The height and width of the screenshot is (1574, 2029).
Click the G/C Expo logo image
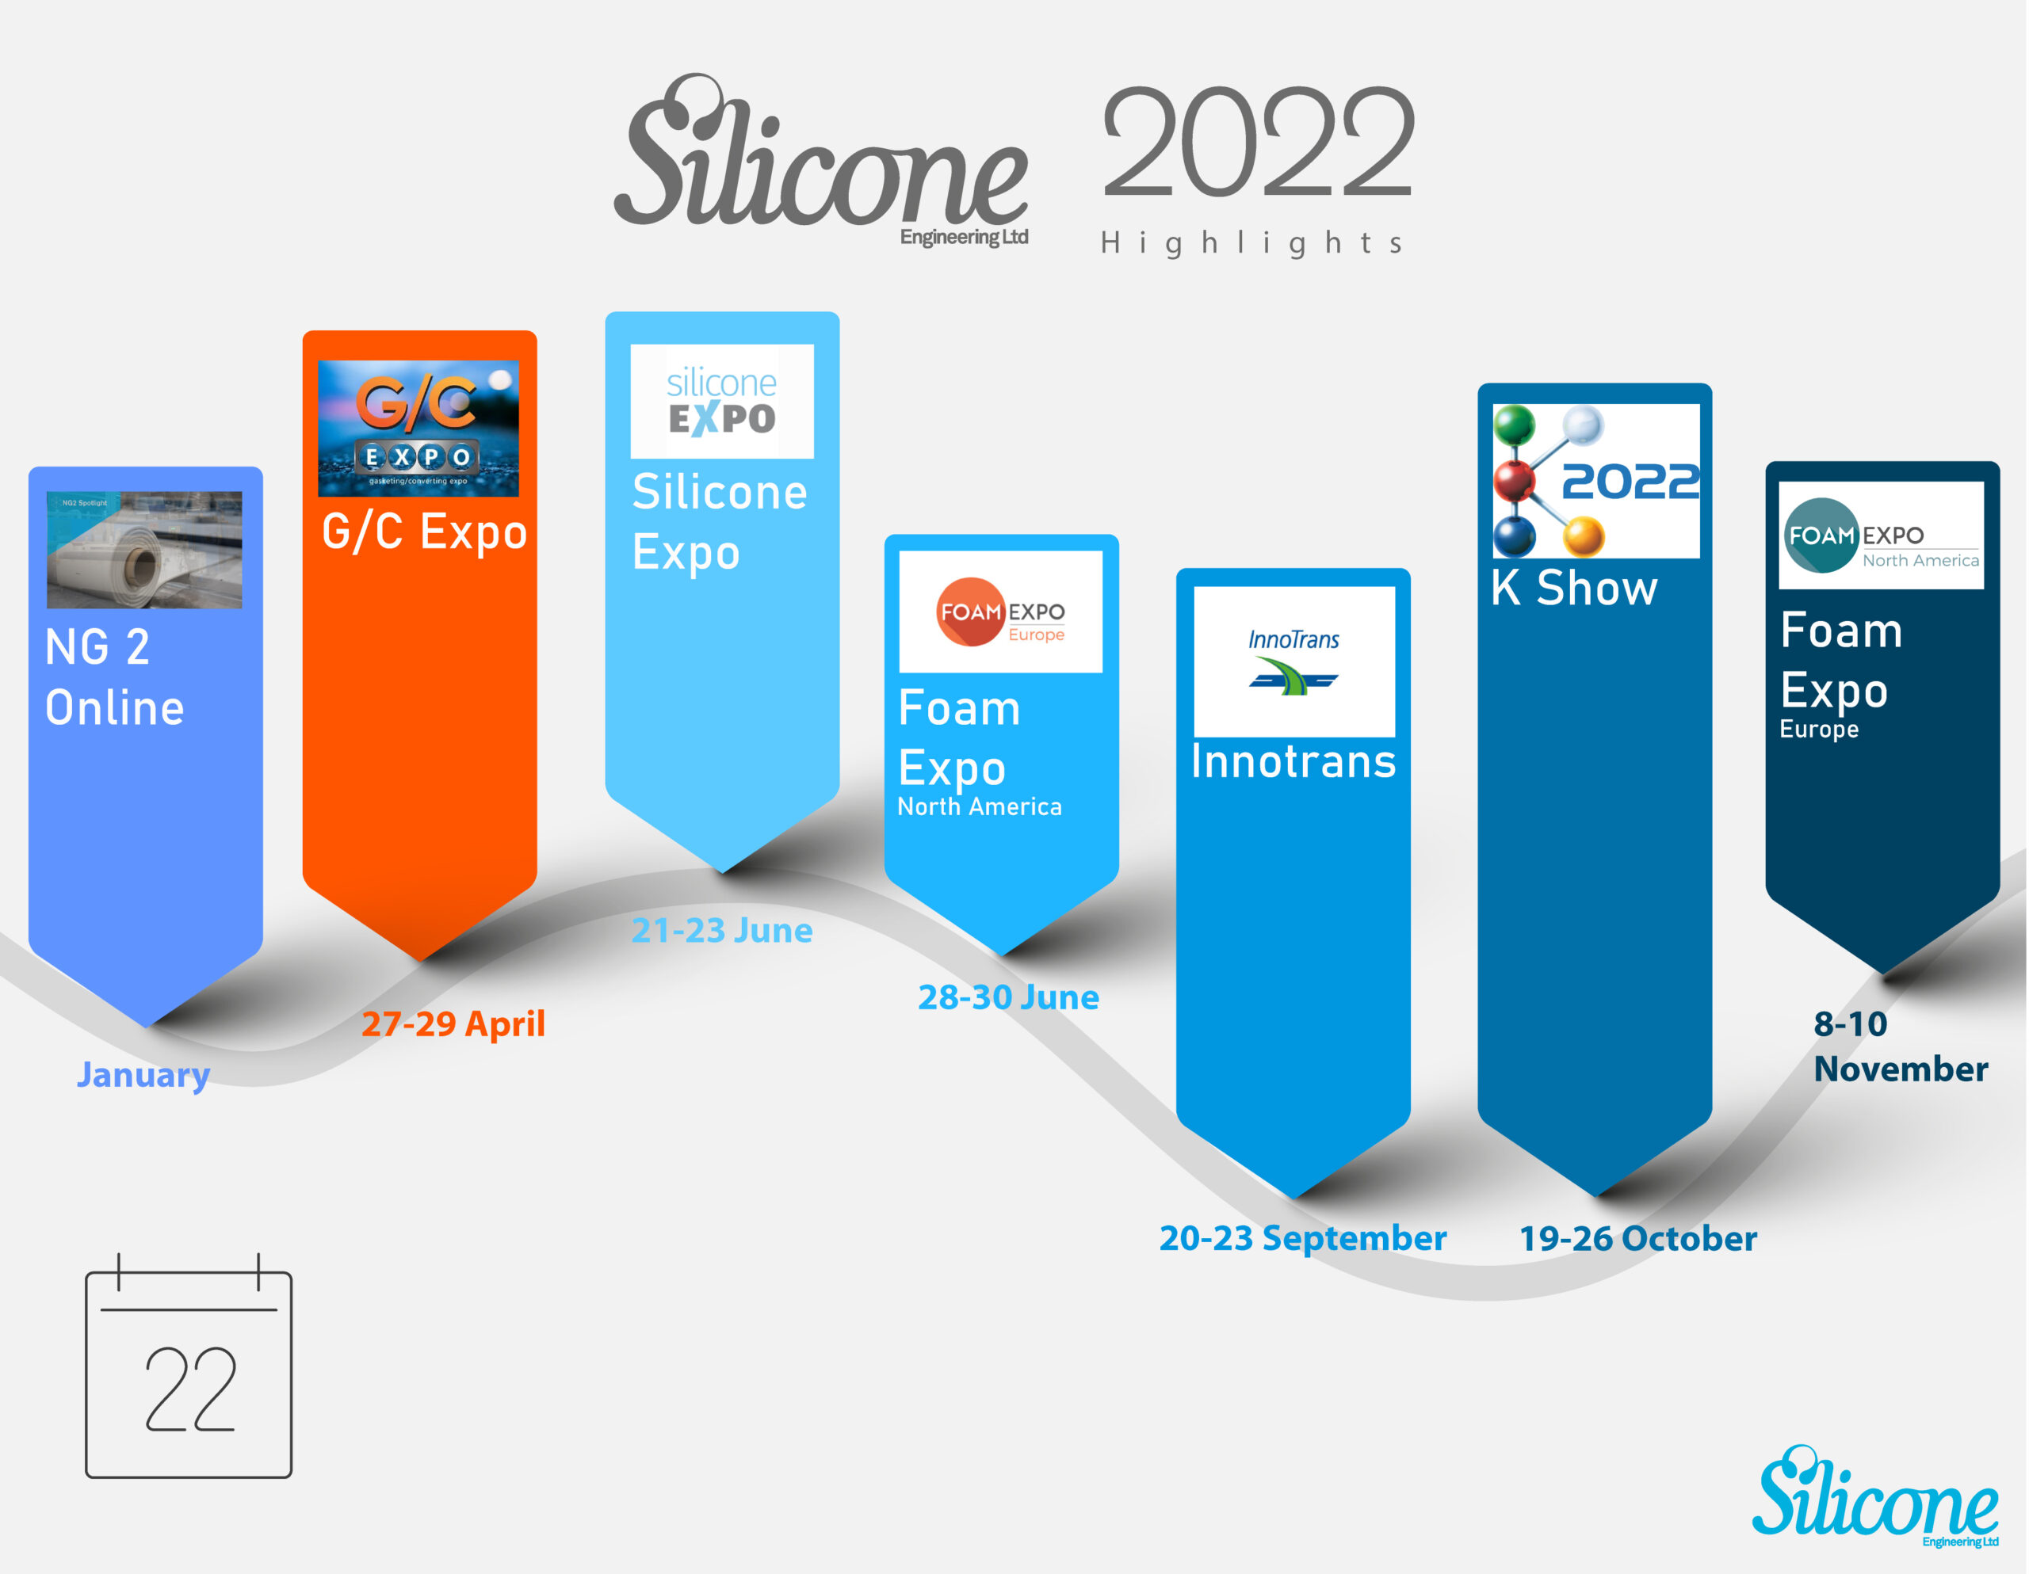point(418,428)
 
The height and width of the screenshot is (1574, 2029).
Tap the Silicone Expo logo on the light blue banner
point(722,401)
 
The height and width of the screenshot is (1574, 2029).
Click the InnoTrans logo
point(1294,661)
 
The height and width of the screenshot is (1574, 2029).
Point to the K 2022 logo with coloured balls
point(1596,481)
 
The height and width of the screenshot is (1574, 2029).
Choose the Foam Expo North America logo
point(1882,535)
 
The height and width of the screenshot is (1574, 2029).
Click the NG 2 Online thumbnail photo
point(144,550)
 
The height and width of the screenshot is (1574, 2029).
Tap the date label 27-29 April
point(453,1024)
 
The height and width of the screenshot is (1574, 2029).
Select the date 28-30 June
point(1009,997)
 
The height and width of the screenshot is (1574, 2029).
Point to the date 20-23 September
point(1302,1239)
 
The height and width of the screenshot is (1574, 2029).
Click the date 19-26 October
point(1638,1239)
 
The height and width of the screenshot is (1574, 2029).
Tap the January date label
point(143,1075)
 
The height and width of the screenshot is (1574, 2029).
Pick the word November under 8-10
point(1901,1069)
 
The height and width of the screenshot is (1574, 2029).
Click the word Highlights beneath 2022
point(1251,243)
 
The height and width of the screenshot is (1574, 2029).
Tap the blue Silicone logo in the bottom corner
point(1874,1495)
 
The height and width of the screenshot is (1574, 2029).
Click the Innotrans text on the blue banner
point(1294,761)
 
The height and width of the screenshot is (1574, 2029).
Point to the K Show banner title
point(1575,588)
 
